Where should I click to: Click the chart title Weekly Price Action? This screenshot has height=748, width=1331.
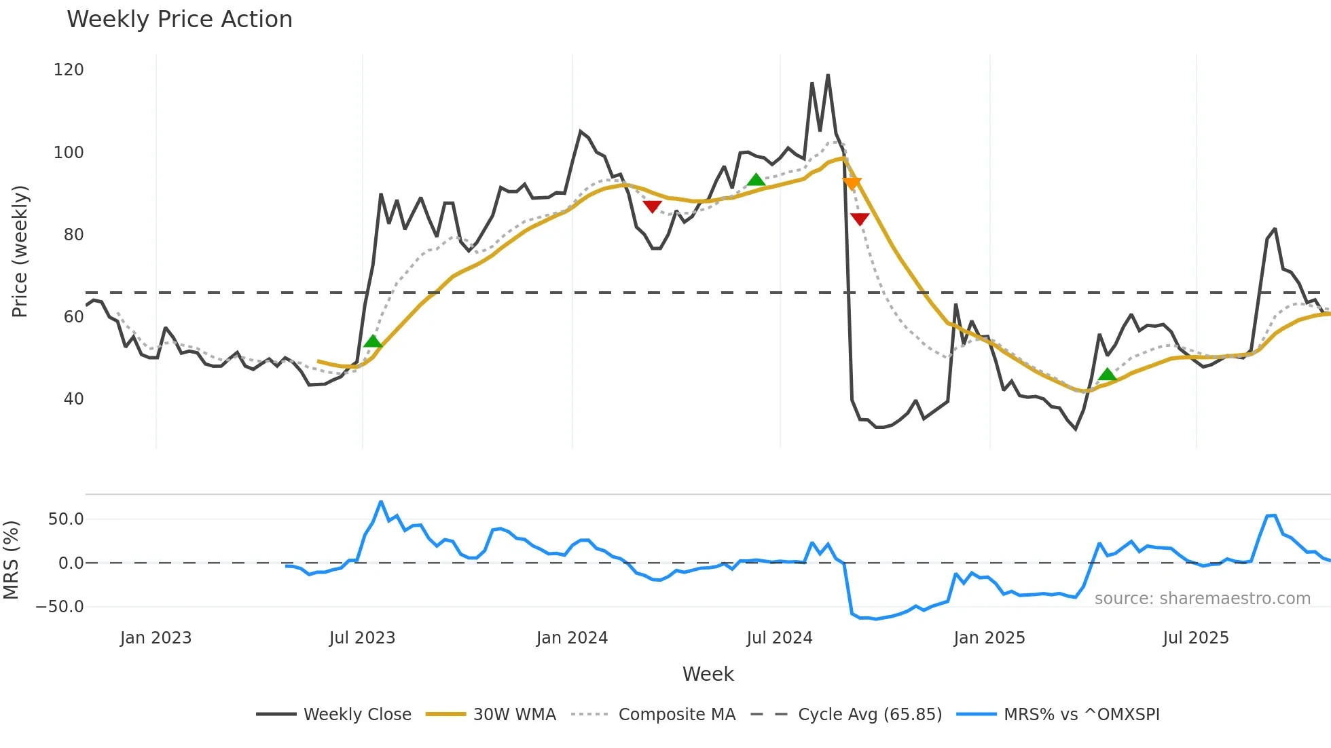179,20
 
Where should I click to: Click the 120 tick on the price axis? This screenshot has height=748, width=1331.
69,70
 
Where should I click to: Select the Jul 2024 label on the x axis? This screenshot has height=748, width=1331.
779,638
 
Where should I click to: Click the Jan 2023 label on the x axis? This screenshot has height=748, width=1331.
156,638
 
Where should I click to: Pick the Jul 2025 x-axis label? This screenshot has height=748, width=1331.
1195,638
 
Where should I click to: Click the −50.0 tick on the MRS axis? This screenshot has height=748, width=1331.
60,607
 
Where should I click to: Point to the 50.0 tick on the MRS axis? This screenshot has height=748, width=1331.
66,519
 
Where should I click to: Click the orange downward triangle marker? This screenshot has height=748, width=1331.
852,183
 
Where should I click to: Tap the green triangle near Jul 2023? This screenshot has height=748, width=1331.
373,341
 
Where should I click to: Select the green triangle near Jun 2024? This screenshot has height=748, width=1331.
756,180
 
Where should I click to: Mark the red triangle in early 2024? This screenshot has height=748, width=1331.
652,206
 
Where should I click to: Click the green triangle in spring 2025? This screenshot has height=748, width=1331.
1107,374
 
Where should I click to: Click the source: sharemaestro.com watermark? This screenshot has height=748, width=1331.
1202,599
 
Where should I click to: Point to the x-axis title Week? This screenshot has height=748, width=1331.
708,674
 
